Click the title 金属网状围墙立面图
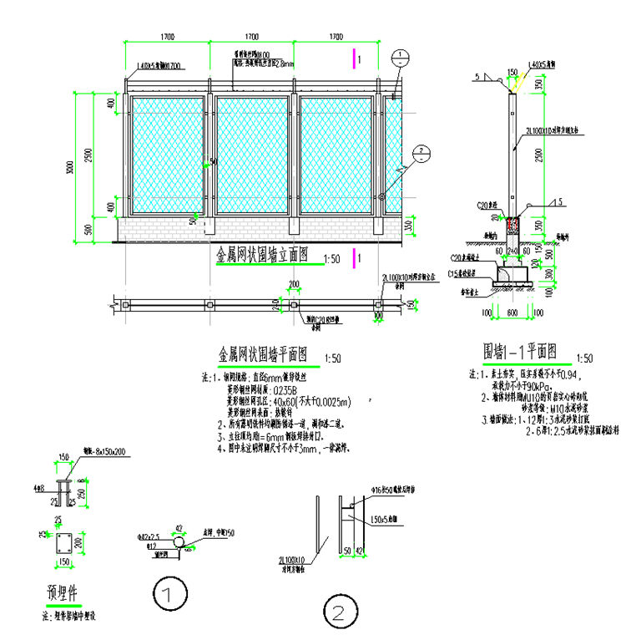(262, 257)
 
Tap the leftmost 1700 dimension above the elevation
(167, 38)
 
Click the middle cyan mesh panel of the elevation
(254, 155)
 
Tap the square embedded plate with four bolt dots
(63, 546)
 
